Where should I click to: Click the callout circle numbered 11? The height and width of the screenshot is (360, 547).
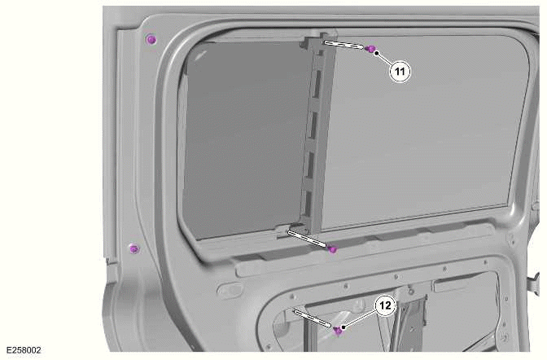pyautogui.click(x=400, y=71)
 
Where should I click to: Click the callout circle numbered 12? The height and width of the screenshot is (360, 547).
pyautogui.click(x=384, y=305)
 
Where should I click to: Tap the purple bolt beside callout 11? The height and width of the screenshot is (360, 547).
pyautogui.click(x=370, y=50)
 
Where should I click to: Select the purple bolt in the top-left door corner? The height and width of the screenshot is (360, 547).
pyautogui.click(x=150, y=40)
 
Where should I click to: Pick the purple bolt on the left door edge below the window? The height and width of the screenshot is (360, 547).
pyautogui.click(x=134, y=248)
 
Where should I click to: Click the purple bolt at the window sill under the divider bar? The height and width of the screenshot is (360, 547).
pyautogui.click(x=332, y=249)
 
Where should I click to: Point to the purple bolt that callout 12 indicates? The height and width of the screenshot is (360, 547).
pyautogui.click(x=338, y=330)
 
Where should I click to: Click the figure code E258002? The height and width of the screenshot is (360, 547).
pyautogui.click(x=22, y=351)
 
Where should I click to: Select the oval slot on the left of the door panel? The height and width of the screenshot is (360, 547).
pyautogui.click(x=230, y=289)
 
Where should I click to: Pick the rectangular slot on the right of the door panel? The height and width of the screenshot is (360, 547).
pyautogui.click(x=451, y=285)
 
